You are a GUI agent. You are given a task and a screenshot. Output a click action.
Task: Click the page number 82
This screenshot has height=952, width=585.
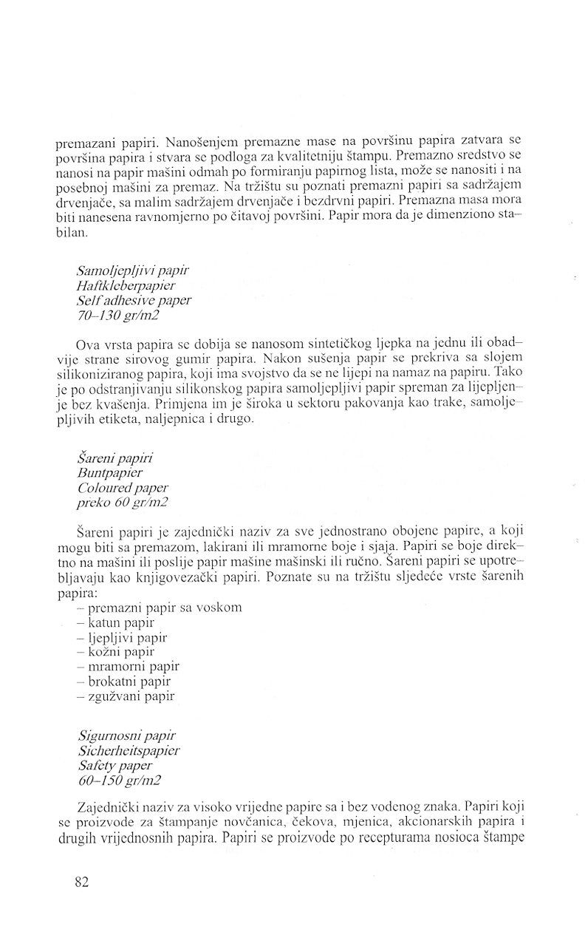coord(82,881)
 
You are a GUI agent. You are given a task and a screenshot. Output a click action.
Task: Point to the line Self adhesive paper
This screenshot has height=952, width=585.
coord(134,301)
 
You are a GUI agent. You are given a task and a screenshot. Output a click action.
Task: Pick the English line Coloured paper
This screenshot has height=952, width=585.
coord(122,488)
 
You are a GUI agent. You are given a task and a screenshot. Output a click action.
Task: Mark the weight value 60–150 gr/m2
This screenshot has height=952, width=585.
coord(117,780)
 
